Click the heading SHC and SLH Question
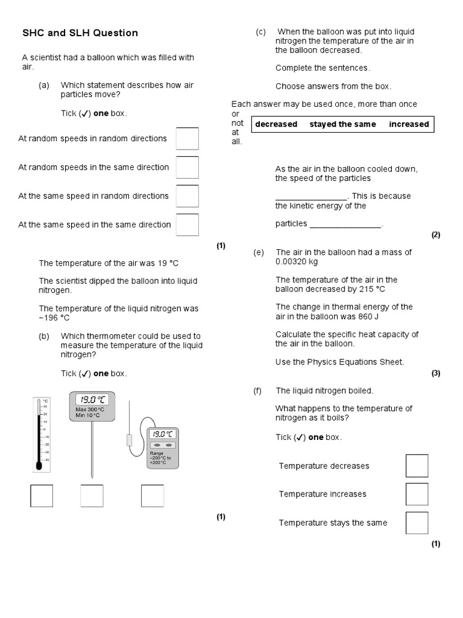pyautogui.click(x=80, y=33)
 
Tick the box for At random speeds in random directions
pyautogui.click(x=187, y=139)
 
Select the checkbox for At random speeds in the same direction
pyautogui.click(x=187, y=167)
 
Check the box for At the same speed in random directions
pyautogui.click(x=187, y=196)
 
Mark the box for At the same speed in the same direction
pyautogui.click(x=187, y=225)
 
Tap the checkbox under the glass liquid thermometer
pyautogui.click(x=42, y=496)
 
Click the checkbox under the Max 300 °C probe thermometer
pyautogui.click(x=92, y=496)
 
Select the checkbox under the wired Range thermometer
pyautogui.click(x=153, y=496)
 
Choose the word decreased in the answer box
pyautogui.click(x=276, y=124)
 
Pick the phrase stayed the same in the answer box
pyautogui.click(x=342, y=124)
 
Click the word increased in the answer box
pyautogui.click(x=409, y=124)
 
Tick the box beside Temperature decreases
pyautogui.click(x=417, y=466)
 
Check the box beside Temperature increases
pyautogui.click(x=417, y=494)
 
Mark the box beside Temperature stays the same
pyautogui.click(x=417, y=523)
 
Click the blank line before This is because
pyautogui.click(x=311, y=197)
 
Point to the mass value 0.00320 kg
pyautogui.click(x=297, y=262)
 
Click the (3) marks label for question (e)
pyautogui.click(x=436, y=373)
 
